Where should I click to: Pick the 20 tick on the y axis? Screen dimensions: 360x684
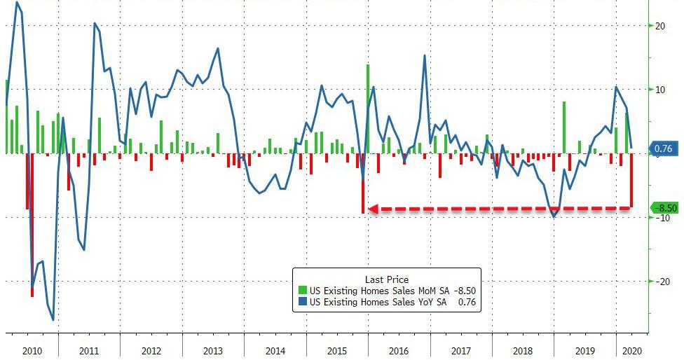coord(659,26)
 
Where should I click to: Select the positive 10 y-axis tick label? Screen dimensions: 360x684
coord(659,90)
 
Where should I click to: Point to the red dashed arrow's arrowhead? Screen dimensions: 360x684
coord(374,209)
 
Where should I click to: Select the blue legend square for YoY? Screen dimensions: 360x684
coord(302,303)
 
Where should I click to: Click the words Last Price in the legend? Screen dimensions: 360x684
coord(386,279)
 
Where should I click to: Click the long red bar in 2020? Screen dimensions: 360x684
coord(631,180)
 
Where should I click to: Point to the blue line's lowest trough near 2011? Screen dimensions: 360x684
coord(53,319)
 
